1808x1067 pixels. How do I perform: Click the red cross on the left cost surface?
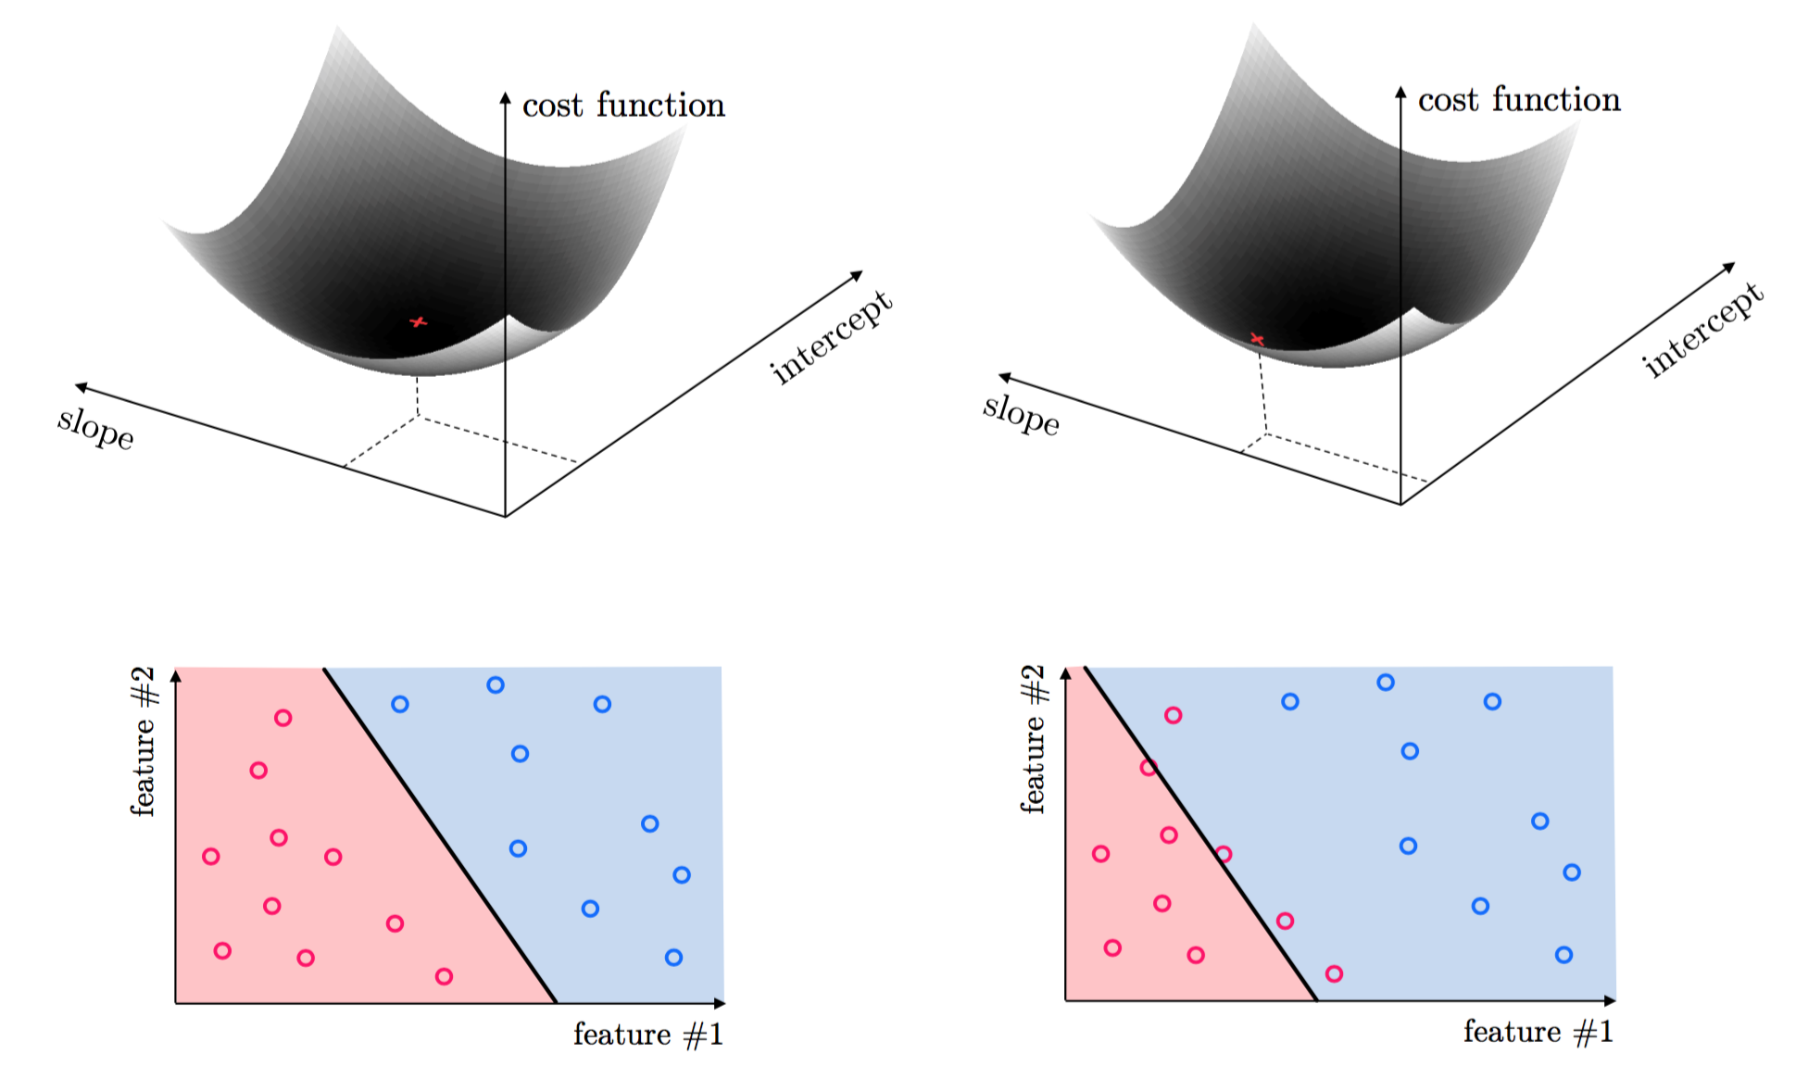click(419, 321)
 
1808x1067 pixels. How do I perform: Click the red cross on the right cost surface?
click(1257, 339)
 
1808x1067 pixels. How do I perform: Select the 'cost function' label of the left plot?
click(623, 106)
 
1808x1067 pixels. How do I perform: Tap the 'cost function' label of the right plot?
click(1519, 100)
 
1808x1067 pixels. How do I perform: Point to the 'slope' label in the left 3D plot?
click(95, 427)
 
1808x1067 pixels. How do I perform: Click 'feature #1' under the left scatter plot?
click(648, 1035)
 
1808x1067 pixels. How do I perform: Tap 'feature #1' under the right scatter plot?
click(1538, 1032)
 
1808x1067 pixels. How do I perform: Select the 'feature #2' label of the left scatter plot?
click(143, 741)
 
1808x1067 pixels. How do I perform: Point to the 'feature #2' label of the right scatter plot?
click(1033, 739)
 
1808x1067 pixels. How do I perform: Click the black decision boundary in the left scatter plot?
click(440, 835)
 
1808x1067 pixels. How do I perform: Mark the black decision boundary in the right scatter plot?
click(1200, 834)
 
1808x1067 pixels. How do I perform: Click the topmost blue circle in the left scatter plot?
click(496, 685)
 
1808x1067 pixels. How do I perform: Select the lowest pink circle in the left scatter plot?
click(444, 976)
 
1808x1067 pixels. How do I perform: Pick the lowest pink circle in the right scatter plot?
click(1334, 973)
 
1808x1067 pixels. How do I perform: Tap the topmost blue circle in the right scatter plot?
click(1386, 683)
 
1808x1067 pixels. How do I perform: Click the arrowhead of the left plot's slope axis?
click(81, 386)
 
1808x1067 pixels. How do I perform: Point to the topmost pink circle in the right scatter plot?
click(1173, 715)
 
